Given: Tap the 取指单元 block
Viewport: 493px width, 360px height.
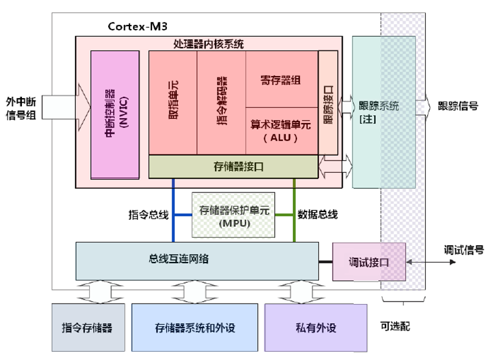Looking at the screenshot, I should coord(173,102).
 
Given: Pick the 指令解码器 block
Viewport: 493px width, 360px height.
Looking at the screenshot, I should coord(222,102).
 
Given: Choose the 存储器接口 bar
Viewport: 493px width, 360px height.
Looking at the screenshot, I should coord(233,167).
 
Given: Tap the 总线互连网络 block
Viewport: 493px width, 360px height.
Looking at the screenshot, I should coord(197,260).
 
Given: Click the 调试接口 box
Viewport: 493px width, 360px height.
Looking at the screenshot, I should coord(368,262).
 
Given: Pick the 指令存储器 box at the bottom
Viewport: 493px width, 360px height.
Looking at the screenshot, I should coord(88,327).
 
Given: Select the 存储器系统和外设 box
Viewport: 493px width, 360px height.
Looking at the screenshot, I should coord(195,327).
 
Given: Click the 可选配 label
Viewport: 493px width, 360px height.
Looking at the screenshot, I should coord(395,326).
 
